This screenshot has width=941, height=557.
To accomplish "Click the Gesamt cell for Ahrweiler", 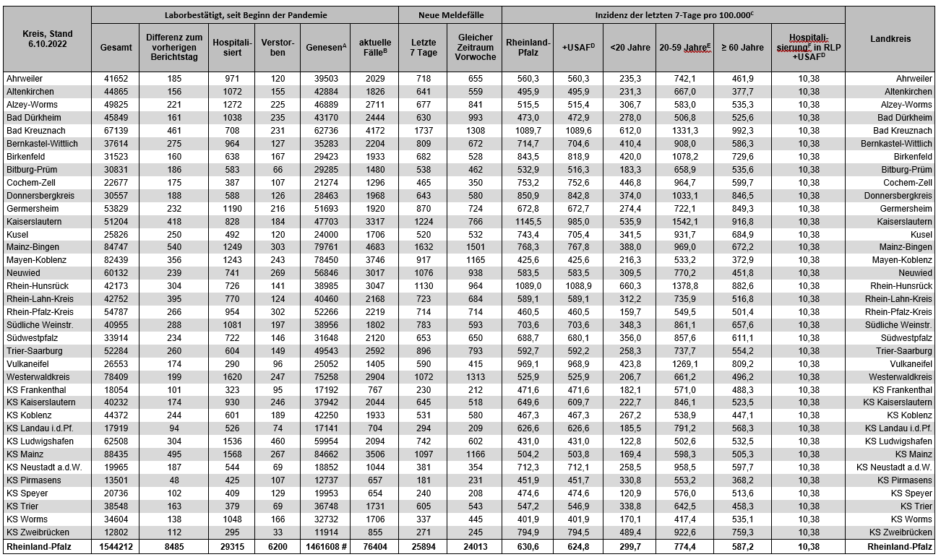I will click(116, 79).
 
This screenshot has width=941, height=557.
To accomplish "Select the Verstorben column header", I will click(278, 48).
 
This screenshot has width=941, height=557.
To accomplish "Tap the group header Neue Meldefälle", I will click(450, 14).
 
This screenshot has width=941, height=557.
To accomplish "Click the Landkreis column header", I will click(890, 39).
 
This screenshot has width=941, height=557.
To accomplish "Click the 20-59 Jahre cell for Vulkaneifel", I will click(684, 364).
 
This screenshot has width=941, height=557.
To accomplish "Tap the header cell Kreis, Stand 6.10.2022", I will click(47, 39).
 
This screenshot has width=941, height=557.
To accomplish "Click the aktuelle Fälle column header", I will click(374, 48).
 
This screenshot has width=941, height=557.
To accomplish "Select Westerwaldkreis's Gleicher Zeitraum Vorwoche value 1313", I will click(475, 377).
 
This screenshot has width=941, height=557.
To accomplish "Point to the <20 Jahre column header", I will click(629, 48).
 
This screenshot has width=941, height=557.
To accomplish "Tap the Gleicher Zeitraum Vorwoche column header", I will click(475, 48).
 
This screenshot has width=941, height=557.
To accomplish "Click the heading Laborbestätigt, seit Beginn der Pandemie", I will click(246, 14).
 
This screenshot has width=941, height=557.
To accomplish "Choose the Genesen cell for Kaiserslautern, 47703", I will click(325, 222).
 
